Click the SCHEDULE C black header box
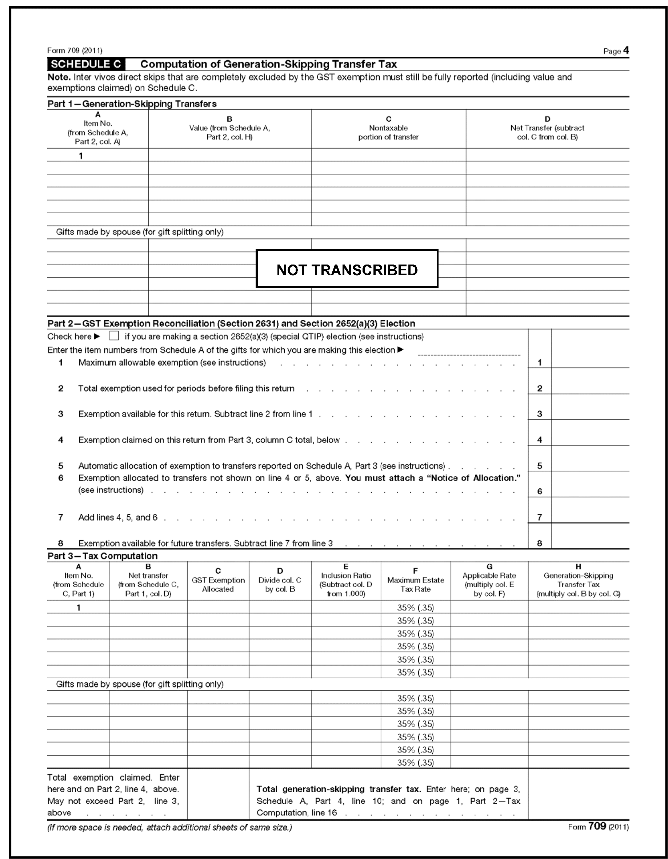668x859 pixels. click(x=86, y=64)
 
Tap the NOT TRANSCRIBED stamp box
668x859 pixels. click(x=347, y=269)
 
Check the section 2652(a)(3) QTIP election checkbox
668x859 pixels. click(x=114, y=336)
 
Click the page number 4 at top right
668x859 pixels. click(x=626, y=51)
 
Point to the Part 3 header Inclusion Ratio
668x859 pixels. click(x=345, y=580)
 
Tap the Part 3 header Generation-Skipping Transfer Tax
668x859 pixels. click(x=578, y=580)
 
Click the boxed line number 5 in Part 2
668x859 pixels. click(x=540, y=466)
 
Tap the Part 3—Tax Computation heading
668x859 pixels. click(x=102, y=556)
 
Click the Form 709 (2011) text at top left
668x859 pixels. click(x=75, y=51)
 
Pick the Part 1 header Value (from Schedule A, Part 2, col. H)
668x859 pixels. click(x=229, y=128)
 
